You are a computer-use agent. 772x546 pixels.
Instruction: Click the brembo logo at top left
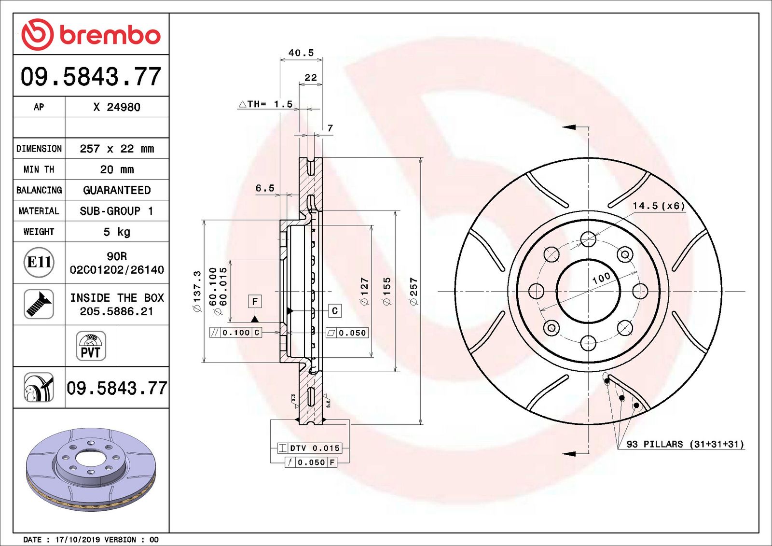[x=91, y=35]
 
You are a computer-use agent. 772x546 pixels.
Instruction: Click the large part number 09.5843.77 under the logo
[x=91, y=77]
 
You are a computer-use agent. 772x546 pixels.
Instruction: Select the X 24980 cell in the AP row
[x=117, y=107]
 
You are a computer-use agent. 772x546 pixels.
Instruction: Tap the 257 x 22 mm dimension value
[x=117, y=149]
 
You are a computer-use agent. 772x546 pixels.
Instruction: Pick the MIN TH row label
[x=39, y=169]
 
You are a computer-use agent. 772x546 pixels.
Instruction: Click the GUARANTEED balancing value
[x=117, y=190]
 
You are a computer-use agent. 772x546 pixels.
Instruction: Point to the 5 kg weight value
[x=117, y=232]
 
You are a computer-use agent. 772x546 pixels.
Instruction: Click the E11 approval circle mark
[x=39, y=262]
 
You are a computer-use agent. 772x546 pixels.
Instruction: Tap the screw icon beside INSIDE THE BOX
[x=39, y=304]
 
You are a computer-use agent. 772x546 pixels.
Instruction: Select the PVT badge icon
[x=91, y=346]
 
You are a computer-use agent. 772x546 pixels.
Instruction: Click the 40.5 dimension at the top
[x=301, y=53]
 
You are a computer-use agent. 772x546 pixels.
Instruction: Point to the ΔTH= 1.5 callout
[x=266, y=104]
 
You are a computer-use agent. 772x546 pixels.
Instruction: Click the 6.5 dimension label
[x=265, y=188]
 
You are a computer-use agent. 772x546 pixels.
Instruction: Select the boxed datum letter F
[x=255, y=302]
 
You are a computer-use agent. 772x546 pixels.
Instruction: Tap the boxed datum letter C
[x=335, y=311]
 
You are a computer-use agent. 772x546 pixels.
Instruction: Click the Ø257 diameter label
[x=414, y=291]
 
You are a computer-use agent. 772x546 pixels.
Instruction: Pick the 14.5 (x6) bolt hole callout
[x=659, y=206]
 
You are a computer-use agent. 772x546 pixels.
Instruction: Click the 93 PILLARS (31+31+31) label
[x=685, y=444]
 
